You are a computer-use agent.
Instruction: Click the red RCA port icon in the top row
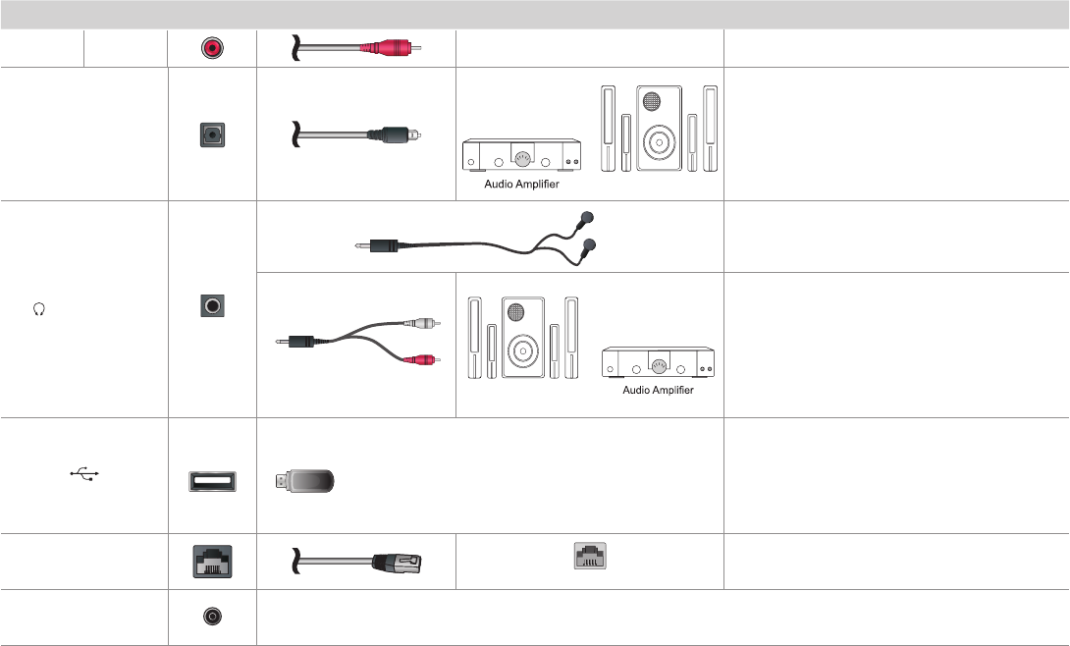coord(212,47)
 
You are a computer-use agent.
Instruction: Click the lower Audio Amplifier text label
coord(658,390)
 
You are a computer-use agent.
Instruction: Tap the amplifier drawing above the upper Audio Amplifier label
coord(521,153)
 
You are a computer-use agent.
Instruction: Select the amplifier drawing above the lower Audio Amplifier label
coord(657,363)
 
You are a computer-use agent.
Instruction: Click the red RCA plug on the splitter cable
coord(425,359)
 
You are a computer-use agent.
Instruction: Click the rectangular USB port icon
coord(213,481)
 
